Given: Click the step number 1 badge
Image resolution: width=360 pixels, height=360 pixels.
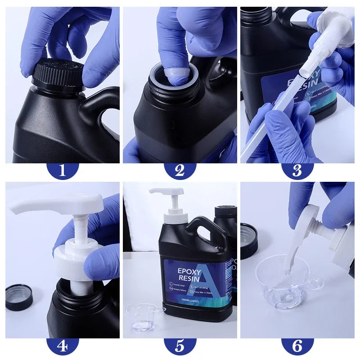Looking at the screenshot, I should pos(62,170).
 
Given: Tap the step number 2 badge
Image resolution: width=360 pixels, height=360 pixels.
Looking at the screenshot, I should pos(180,170).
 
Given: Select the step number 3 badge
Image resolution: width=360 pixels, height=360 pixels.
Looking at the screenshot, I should pos(297,170).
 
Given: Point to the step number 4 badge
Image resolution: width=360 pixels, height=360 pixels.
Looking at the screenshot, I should pos(62,346).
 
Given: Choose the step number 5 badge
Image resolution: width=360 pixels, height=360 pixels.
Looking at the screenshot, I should pos(180,346).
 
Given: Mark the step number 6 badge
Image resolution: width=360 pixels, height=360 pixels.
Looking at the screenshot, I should pos(297,346).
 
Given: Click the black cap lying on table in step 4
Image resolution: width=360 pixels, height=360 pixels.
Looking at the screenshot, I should pos(19,297).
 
